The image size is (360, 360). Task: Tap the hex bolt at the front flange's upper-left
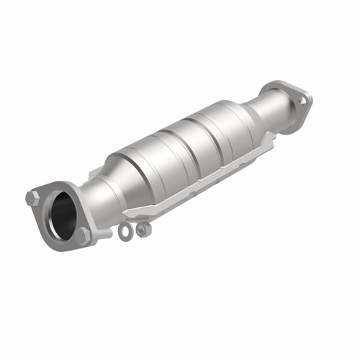pyautogui.click(x=32, y=197)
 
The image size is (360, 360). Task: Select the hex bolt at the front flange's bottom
pyautogui.click(x=84, y=235)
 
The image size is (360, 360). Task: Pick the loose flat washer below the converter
pyautogui.click(x=127, y=231)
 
